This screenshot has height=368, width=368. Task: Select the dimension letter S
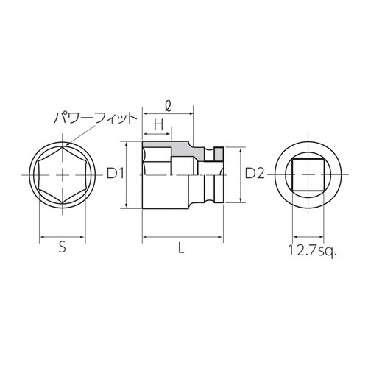point(63,249)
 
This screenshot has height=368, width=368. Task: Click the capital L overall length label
point(181,249)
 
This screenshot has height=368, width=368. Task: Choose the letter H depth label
point(157,125)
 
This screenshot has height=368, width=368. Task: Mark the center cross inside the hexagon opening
point(63,175)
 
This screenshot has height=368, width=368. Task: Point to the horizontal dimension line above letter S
point(63,238)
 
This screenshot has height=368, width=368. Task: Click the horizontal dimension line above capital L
point(181,238)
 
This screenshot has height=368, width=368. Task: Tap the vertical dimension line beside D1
point(130,174)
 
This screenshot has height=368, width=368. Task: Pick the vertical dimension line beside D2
point(240,174)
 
